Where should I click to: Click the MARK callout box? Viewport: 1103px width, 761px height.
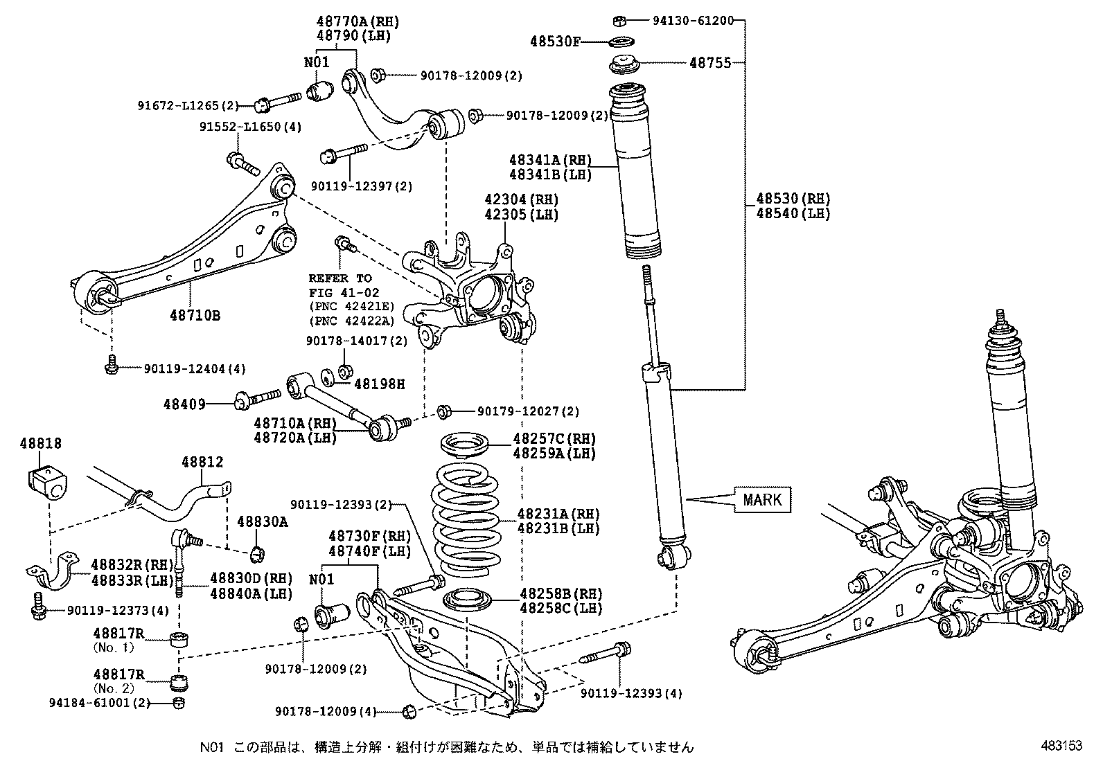click(762, 499)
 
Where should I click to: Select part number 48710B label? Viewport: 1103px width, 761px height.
click(195, 316)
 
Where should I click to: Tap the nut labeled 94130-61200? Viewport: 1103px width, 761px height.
click(621, 21)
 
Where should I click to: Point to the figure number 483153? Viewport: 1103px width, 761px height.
click(1060, 746)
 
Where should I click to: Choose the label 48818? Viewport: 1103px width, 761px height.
click(40, 444)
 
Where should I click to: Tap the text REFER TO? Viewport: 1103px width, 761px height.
click(340, 278)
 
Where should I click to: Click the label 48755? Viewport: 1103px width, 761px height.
click(710, 63)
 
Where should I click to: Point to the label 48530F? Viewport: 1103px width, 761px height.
click(555, 42)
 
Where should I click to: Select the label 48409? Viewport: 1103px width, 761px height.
click(184, 403)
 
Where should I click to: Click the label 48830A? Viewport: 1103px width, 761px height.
click(262, 521)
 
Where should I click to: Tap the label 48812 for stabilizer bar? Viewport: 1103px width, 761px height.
click(203, 462)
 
